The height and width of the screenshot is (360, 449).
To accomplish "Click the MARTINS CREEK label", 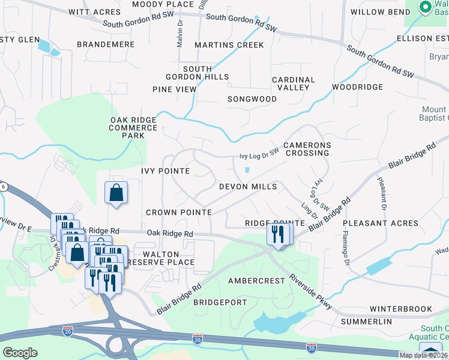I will [229, 45].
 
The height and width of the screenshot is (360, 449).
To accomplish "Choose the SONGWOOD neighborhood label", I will [252, 99].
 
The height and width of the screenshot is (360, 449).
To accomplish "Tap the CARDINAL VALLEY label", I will [294, 83].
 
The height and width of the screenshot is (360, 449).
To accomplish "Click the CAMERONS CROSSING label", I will [306, 149].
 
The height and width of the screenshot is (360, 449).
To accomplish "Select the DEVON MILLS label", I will [248, 187].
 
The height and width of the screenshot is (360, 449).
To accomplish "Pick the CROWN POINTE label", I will [179, 212].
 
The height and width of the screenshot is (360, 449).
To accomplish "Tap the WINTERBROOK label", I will [400, 309].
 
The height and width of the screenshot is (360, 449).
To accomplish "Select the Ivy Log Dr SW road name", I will [259, 154].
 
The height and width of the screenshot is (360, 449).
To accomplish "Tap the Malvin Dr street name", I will [179, 35].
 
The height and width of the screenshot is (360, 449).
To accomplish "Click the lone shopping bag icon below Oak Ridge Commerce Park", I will [116, 193].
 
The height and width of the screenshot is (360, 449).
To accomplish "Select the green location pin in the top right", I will [426, 8].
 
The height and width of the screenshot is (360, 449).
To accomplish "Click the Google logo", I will [20, 352].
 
